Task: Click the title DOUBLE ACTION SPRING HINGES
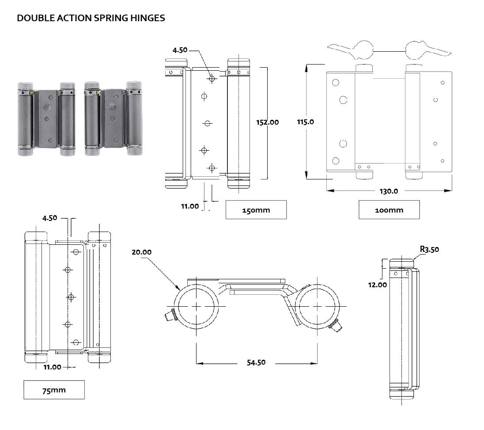(x=91, y=18)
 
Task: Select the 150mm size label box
(x=256, y=210)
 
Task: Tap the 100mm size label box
(x=389, y=210)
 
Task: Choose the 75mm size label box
(x=54, y=390)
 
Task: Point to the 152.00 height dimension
(x=268, y=122)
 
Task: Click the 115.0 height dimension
(x=306, y=122)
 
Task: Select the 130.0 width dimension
(x=389, y=191)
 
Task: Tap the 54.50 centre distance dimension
(x=256, y=362)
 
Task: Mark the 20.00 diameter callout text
(x=141, y=252)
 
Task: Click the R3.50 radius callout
(x=429, y=249)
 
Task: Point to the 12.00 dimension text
(x=378, y=285)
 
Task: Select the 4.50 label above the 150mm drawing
(x=180, y=50)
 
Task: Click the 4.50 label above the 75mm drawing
(x=50, y=218)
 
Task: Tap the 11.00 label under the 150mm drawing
(x=189, y=206)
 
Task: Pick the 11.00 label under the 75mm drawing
(x=52, y=367)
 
